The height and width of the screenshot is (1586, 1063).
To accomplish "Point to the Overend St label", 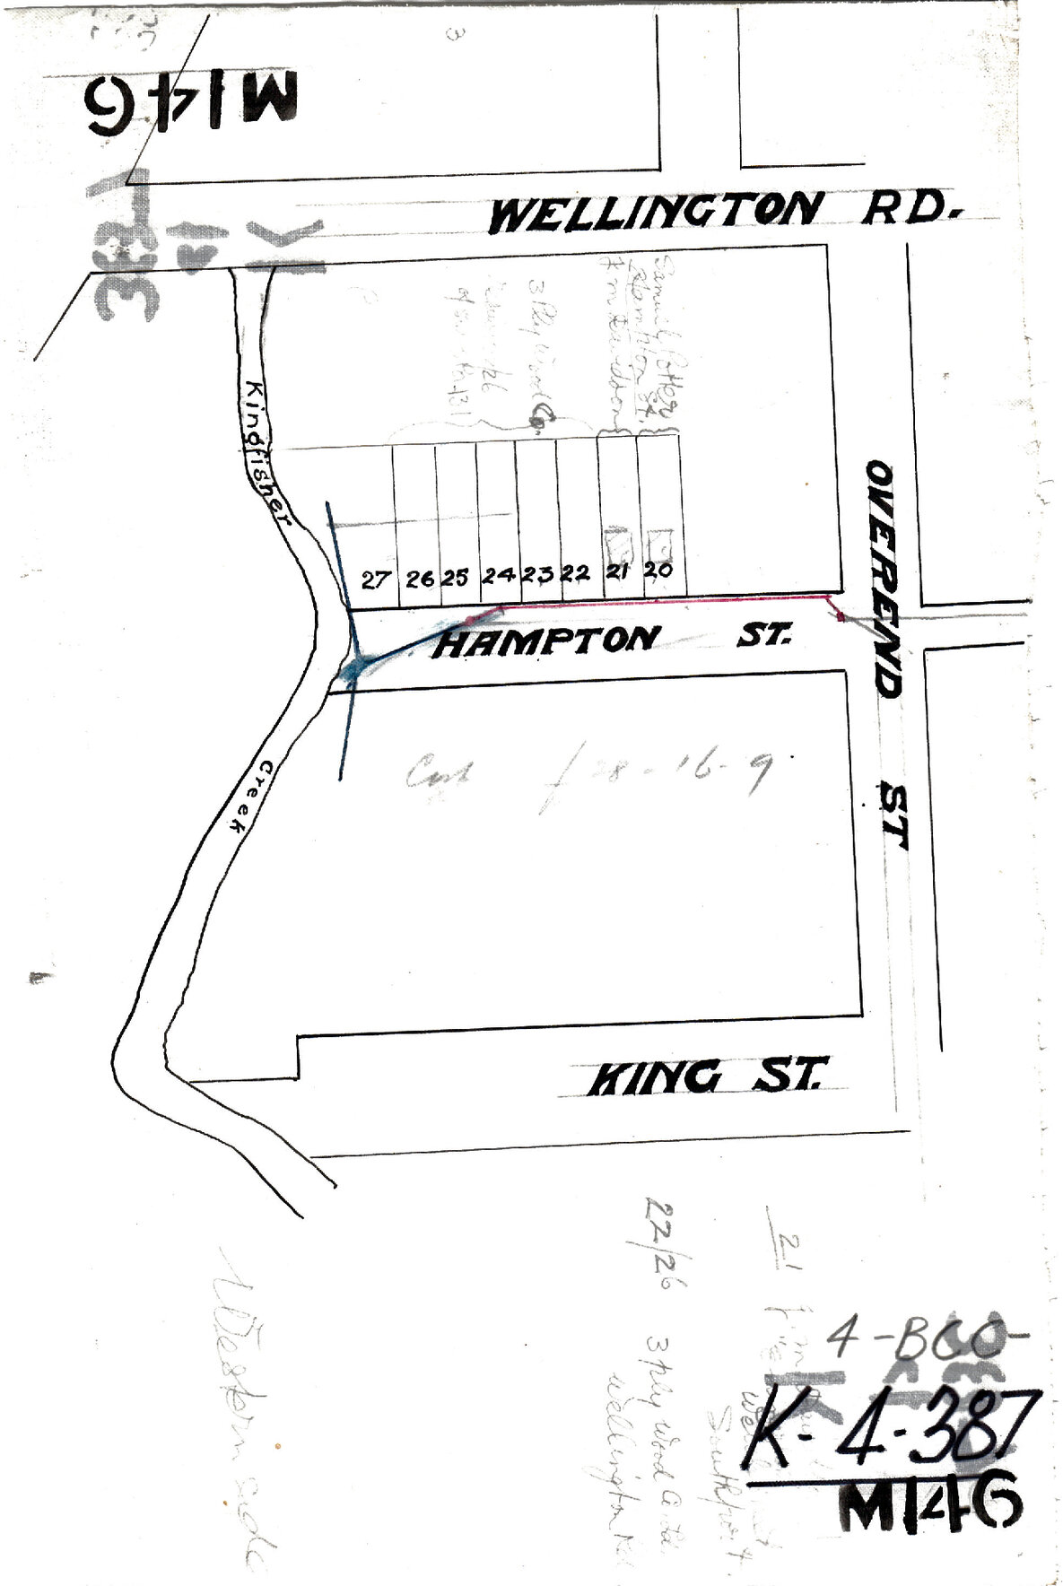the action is coord(887,654).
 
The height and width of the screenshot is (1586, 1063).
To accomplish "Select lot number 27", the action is coord(375,579).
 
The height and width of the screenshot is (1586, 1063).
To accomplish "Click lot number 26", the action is coord(420,579).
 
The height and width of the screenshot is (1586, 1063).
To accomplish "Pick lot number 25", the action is coord(457,578).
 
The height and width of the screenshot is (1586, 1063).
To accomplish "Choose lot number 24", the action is coord(498,575).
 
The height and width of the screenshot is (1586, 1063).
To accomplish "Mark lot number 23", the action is coord(537,575).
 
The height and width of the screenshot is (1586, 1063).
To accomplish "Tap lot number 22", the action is coord(575,574).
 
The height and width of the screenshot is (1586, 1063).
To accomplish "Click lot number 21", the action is coord(616,571).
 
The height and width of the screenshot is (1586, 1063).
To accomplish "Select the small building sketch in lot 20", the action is coord(660,543).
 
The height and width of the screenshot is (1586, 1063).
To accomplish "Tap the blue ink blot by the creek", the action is coord(356,667).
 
